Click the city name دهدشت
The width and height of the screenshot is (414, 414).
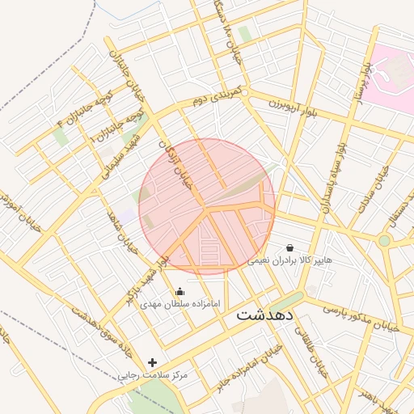[265, 315]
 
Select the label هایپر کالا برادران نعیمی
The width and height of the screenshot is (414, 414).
[289, 260]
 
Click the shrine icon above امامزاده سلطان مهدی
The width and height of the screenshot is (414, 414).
[180, 291]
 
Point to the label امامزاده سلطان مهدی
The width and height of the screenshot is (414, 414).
[180, 304]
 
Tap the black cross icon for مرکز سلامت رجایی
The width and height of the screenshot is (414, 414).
[153, 362]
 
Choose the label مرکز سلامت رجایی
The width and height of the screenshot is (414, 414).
[153, 375]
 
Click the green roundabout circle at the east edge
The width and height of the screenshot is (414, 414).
[385, 240]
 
